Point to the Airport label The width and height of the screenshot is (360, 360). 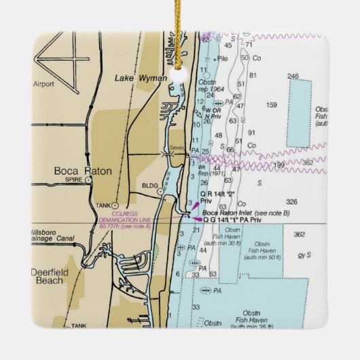point(43,84)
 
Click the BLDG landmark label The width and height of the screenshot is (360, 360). point(150,184)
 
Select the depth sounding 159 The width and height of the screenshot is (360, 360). point(272,105)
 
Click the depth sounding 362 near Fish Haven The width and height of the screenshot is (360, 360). point(299,235)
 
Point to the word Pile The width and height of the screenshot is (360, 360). point(222,60)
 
